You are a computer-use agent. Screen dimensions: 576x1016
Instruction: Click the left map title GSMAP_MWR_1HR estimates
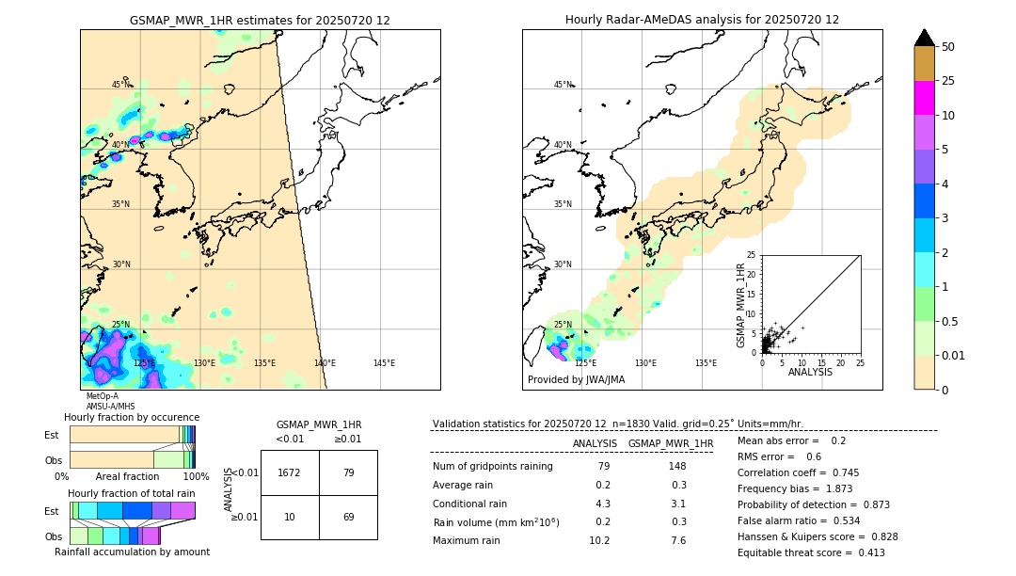tap(260, 20)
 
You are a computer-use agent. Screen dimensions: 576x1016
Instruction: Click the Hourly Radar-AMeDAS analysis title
tap(702, 20)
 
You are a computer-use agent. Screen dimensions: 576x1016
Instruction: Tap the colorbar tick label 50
tap(948, 47)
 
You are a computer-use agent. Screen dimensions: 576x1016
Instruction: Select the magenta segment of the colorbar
tap(925, 98)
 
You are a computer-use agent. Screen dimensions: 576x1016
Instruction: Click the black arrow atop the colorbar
tap(925, 38)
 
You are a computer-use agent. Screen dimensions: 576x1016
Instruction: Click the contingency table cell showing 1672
tap(290, 472)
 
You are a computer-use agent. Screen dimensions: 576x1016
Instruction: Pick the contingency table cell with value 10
tap(290, 518)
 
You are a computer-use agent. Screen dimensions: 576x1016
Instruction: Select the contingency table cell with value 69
tap(348, 518)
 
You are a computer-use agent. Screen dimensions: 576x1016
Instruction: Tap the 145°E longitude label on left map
tap(384, 363)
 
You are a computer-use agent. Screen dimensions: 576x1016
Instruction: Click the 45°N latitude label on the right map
tap(563, 85)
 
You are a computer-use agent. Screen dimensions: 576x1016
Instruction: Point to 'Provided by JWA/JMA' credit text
tap(576, 380)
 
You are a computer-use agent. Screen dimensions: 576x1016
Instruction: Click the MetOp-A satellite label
tap(103, 396)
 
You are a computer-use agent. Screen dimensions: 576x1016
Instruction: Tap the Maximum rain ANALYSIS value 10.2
tap(600, 540)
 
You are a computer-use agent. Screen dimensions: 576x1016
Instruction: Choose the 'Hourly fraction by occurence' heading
tap(132, 417)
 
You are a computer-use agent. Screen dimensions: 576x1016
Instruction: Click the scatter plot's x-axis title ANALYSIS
tap(810, 372)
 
